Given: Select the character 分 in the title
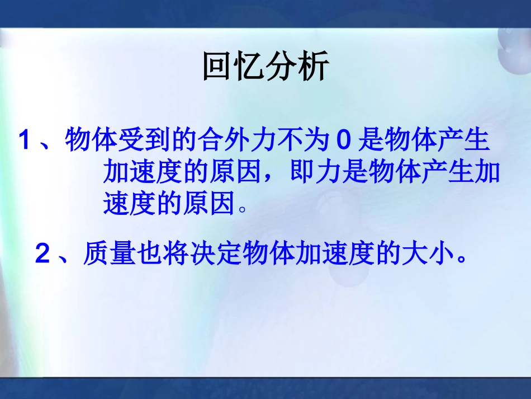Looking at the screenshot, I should (282, 67).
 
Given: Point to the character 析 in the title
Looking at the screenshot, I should (314, 67).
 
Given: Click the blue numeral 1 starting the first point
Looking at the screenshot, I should (24, 140).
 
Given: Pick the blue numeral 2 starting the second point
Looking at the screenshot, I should (42, 254).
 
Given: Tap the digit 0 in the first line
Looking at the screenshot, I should (343, 140).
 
